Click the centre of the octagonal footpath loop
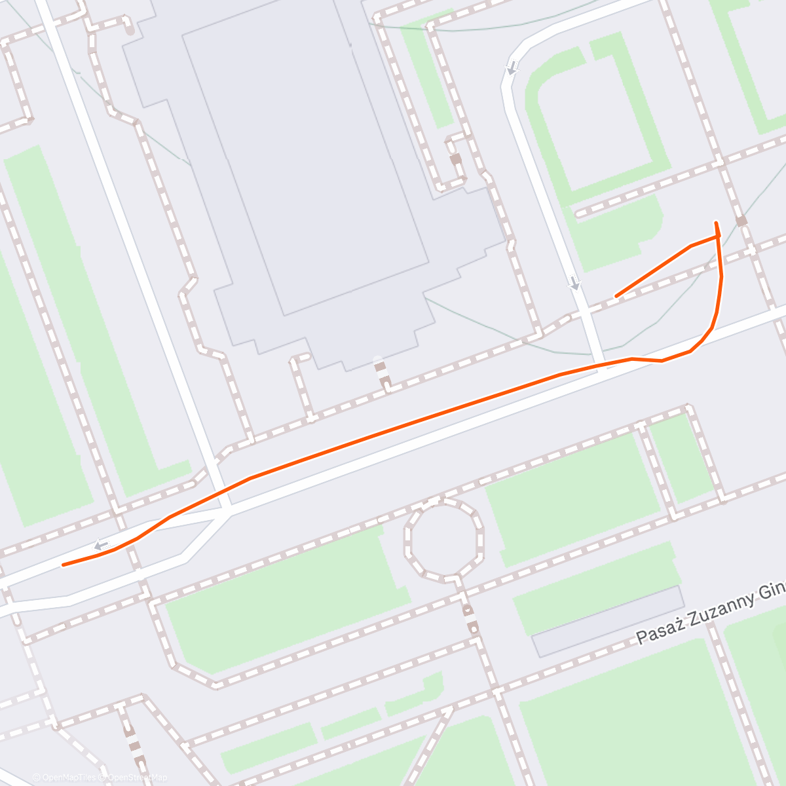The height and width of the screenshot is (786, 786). pyautogui.click(x=444, y=540)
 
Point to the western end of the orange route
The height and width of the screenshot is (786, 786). pyautogui.click(x=63, y=565)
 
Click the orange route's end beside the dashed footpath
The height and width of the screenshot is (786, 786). pyautogui.click(x=616, y=296)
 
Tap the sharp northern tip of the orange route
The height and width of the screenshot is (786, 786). pyautogui.click(x=716, y=223)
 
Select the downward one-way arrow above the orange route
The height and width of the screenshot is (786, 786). pyautogui.click(x=574, y=283)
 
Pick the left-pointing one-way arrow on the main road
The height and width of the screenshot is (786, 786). pyautogui.click(x=101, y=544)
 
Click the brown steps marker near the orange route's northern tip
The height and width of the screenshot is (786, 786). pyautogui.click(x=741, y=221)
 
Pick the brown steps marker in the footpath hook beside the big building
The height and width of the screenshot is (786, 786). pyautogui.click(x=455, y=159)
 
